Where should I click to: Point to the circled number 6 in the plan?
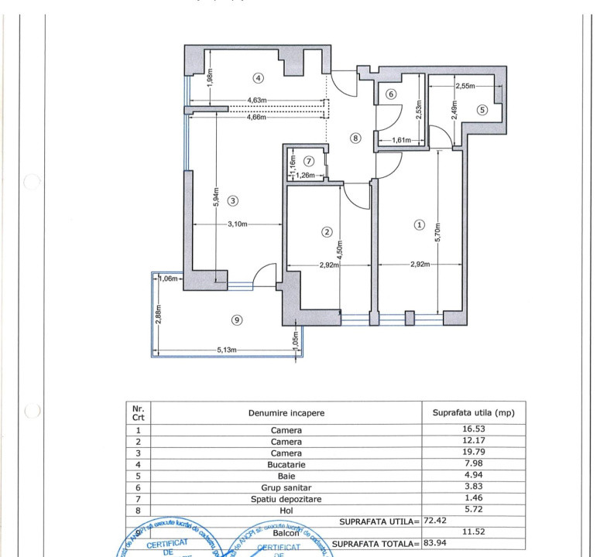click(x=391, y=94)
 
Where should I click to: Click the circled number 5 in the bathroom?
click(x=482, y=109)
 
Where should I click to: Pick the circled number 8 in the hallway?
click(x=355, y=138)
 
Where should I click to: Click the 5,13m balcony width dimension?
click(x=228, y=350)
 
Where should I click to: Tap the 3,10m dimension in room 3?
click(x=236, y=225)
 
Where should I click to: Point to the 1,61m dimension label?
click(x=400, y=141)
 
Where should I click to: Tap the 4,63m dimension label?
click(x=256, y=100)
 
